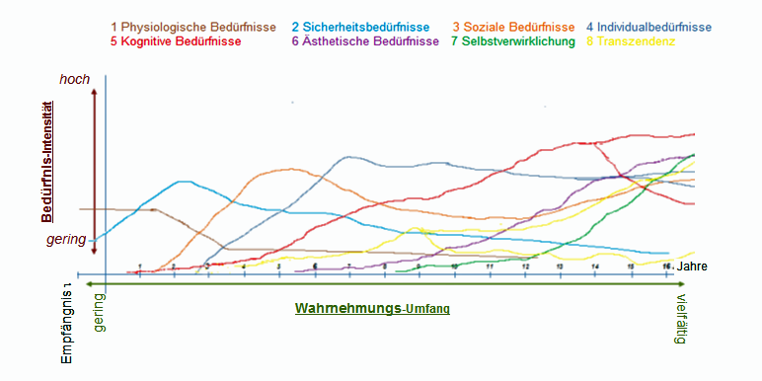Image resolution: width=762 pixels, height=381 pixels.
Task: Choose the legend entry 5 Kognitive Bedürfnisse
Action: pos(178,41)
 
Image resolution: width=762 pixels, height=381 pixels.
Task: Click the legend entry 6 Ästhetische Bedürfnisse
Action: pos(366,41)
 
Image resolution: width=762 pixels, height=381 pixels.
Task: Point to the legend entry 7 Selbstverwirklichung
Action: pos(512,41)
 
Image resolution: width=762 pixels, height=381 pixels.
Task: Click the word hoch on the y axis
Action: pos(74,79)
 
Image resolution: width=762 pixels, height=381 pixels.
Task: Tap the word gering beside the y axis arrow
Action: pos(67,239)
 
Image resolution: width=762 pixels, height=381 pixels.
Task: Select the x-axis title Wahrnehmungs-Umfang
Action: pos(372,308)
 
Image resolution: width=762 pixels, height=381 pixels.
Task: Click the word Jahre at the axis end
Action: pos(693,267)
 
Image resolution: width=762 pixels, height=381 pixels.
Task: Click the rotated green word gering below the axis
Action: pos(99,312)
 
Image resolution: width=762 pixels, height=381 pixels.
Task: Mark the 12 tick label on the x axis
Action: pos(525,267)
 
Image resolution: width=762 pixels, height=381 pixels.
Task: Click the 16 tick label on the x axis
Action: pos(667,267)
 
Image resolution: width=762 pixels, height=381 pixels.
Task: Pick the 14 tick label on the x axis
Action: pos(595,267)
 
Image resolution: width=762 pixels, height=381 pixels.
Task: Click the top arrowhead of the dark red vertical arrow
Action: pos(93,91)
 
